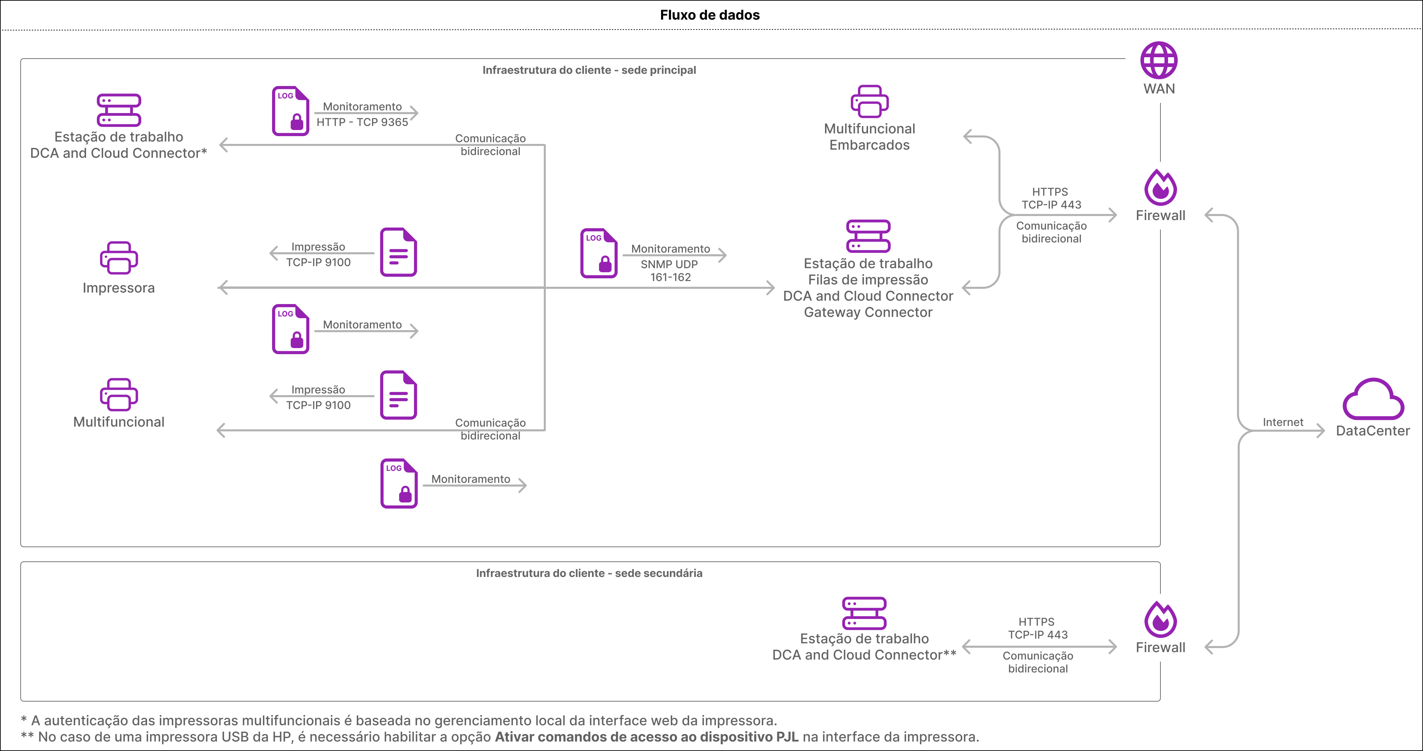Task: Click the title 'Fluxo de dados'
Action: point(710,15)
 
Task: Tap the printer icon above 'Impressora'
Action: point(119,258)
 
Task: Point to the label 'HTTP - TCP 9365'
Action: point(363,122)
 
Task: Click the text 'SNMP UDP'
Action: point(669,264)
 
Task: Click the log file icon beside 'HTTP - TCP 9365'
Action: point(291,111)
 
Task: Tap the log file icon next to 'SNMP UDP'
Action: point(599,253)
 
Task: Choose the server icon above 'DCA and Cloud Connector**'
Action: point(865,613)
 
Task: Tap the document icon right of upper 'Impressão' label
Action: point(399,252)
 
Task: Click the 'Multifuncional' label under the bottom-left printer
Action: point(119,422)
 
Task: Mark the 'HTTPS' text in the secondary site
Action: point(1036,622)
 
